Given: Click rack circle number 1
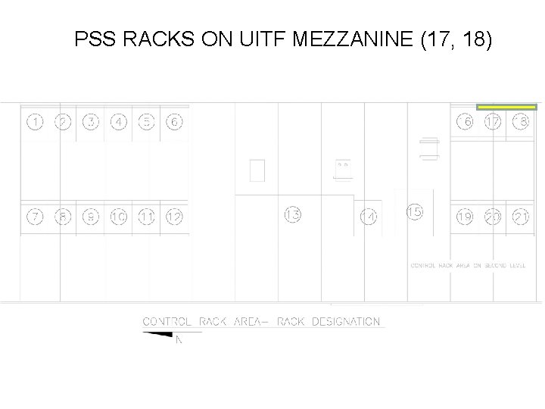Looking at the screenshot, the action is (x=35, y=122).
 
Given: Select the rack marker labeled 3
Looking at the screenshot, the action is (x=91, y=122).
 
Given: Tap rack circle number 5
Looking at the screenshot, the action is (x=147, y=122).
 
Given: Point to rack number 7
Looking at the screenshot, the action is (x=35, y=217).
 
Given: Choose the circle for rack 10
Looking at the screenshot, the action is (x=119, y=217).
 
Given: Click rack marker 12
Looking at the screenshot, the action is (x=174, y=217).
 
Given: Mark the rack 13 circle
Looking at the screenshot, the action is (x=293, y=214).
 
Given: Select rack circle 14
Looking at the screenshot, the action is (x=369, y=217).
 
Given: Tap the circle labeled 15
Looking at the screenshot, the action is (x=415, y=212).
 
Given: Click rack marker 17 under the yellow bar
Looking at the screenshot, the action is (x=493, y=122).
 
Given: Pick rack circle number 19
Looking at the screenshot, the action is (x=464, y=217).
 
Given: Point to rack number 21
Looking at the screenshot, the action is (x=521, y=217).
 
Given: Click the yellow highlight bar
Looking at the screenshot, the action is (x=506, y=108).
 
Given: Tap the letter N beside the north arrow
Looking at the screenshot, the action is (x=179, y=341).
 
